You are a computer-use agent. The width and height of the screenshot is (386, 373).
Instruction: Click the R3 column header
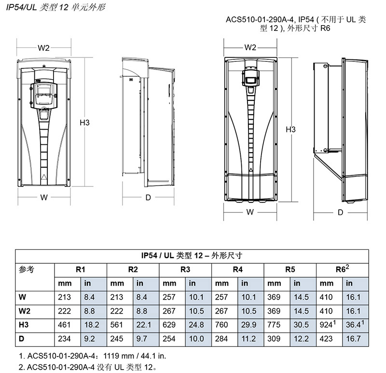[185, 270]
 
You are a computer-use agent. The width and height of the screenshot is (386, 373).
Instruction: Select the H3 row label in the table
[24, 325]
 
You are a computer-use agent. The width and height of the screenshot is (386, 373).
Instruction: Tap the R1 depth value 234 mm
[64, 339]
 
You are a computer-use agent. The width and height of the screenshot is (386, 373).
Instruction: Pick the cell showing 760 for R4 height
[221, 325]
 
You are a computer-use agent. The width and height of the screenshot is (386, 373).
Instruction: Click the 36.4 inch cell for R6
[355, 324]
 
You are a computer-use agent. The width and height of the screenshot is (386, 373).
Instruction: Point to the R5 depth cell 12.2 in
[301, 339]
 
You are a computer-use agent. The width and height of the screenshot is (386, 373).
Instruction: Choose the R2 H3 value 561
[116, 325]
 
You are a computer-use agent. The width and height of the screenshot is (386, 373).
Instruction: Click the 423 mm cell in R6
[326, 339]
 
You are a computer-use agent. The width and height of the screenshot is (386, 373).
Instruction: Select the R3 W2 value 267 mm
[169, 311]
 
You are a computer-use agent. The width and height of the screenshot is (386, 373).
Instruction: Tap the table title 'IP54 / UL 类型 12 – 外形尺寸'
[192, 256]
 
